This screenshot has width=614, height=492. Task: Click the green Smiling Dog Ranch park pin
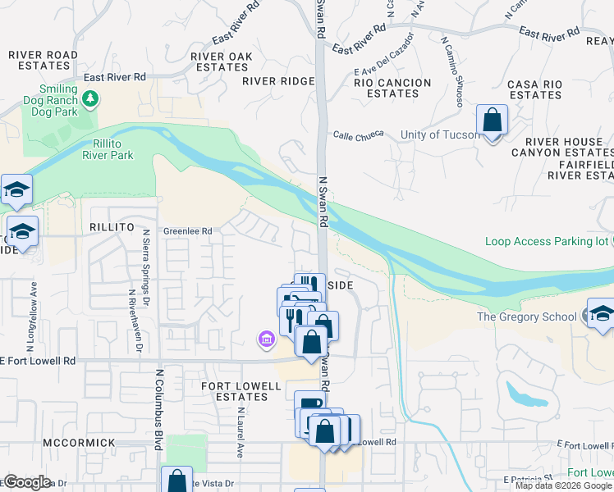pyautogui.click(x=90, y=100)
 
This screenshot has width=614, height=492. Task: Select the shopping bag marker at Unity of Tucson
pyautogui.click(x=492, y=121)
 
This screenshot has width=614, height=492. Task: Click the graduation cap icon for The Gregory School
pyautogui.click(x=600, y=316)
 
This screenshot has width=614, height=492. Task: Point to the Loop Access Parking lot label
pyautogui.click(x=546, y=241)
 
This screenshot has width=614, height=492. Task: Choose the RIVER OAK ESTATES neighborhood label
pyautogui.click(x=220, y=61)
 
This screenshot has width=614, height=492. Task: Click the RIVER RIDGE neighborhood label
pyautogui.click(x=278, y=81)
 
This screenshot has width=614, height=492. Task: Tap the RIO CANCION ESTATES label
pyautogui.click(x=392, y=88)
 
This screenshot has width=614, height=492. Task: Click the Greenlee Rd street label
pyautogui.click(x=187, y=231)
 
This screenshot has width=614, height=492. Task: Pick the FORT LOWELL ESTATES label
pyautogui.click(x=236, y=390)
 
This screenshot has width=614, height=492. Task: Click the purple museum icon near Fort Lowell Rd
pyautogui.click(x=265, y=339)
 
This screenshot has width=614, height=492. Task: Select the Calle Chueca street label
pyautogui.click(x=359, y=136)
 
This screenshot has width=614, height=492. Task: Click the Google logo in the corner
pyautogui.click(x=27, y=482)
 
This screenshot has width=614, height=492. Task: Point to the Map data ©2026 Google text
pyautogui.click(x=562, y=485)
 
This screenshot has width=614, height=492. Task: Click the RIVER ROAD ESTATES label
pyautogui.click(x=43, y=61)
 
